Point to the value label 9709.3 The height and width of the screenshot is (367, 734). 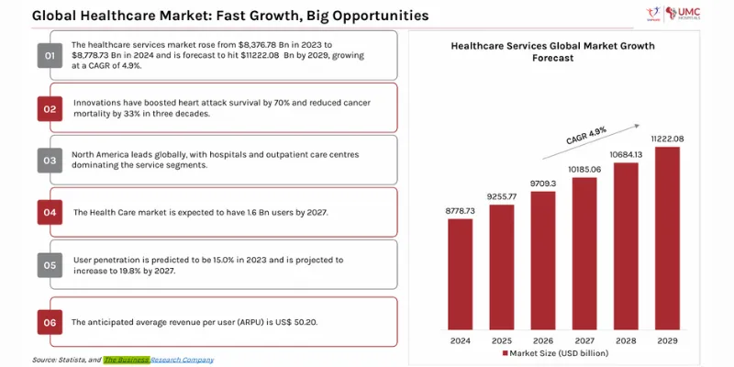542,183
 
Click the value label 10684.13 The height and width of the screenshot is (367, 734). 625,153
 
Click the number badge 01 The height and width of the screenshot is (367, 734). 50,57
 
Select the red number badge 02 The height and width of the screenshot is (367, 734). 50,108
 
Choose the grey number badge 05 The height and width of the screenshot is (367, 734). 50,265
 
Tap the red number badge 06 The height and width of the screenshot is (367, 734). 50,322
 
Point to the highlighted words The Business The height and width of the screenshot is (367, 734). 126,360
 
